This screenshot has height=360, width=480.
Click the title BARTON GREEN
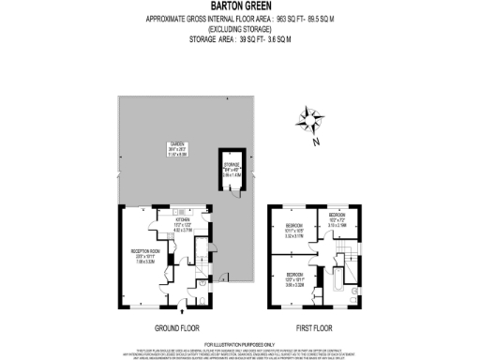(x=240, y=7)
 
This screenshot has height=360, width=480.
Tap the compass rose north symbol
(x=308, y=121)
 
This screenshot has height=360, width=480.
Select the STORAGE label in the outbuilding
(x=232, y=171)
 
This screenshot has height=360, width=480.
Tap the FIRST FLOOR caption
(x=317, y=329)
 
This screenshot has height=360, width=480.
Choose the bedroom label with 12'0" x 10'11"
(x=294, y=276)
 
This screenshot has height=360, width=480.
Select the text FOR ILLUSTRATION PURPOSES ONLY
(x=240, y=344)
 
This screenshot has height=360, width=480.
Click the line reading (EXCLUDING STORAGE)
(x=240, y=28)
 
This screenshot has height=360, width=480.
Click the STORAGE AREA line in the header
(x=240, y=38)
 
